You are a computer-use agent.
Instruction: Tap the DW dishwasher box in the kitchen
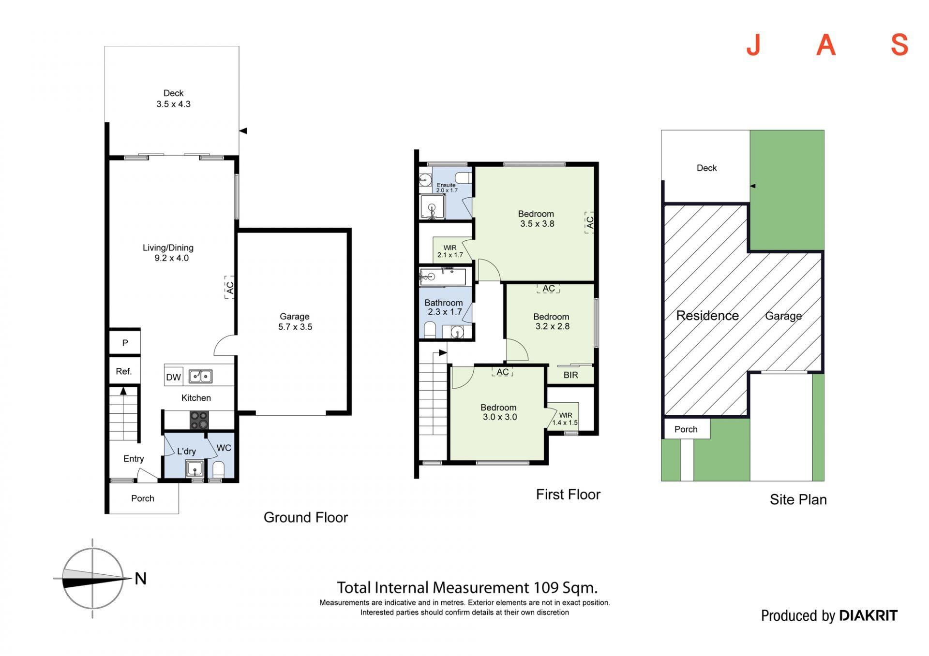click(x=173, y=377)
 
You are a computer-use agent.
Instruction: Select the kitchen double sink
click(x=200, y=376)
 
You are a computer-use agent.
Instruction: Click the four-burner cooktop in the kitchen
click(x=199, y=420)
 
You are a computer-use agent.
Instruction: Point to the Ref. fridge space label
click(x=124, y=371)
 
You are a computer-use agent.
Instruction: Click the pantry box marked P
click(x=125, y=343)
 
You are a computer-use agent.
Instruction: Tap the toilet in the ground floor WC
click(x=219, y=469)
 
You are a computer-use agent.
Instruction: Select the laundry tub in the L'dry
click(x=195, y=468)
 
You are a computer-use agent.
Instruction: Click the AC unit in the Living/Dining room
click(x=230, y=287)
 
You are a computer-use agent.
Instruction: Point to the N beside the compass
click(x=141, y=578)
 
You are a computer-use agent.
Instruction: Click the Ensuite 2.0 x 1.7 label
click(x=447, y=188)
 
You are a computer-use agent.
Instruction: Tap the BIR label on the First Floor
click(x=571, y=375)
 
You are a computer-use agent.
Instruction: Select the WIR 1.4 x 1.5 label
click(x=565, y=419)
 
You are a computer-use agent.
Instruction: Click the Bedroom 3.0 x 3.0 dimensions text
click(x=500, y=417)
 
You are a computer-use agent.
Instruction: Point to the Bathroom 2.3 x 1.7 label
click(x=444, y=307)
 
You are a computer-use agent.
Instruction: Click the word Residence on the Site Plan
click(x=707, y=316)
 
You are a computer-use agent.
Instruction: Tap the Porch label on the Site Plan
click(x=686, y=429)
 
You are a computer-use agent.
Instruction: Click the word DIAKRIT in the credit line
click(x=868, y=615)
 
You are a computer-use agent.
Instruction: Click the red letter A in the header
click(x=826, y=45)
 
